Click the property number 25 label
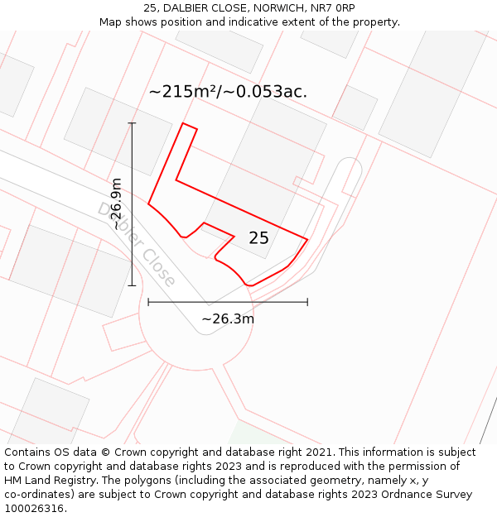coord(258,238)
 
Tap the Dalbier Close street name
coord(137,245)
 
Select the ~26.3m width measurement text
coord(228,318)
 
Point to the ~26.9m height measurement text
coord(117,203)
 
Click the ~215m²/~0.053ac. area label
coord(228,92)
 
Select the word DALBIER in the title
coord(193,8)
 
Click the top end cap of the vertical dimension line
coord(132,123)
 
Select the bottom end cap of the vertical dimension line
coord(132,285)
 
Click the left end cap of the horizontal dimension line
coord(148,302)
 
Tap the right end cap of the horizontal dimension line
coord(307,302)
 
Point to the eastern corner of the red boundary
coord(307,240)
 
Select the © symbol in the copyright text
coord(105,452)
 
